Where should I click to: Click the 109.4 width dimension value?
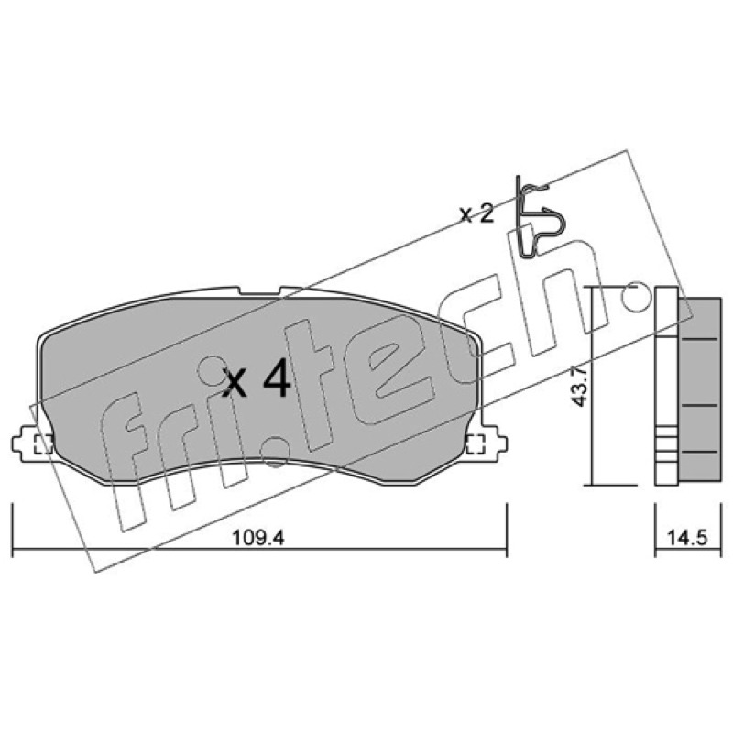point(258,538)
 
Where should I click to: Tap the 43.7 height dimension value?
point(578,386)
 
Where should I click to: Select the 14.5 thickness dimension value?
point(687,538)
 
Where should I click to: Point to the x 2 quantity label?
point(476,214)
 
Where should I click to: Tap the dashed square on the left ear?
point(44,443)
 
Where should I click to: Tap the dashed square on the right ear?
point(476,443)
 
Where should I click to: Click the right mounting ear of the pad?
point(488,443)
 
